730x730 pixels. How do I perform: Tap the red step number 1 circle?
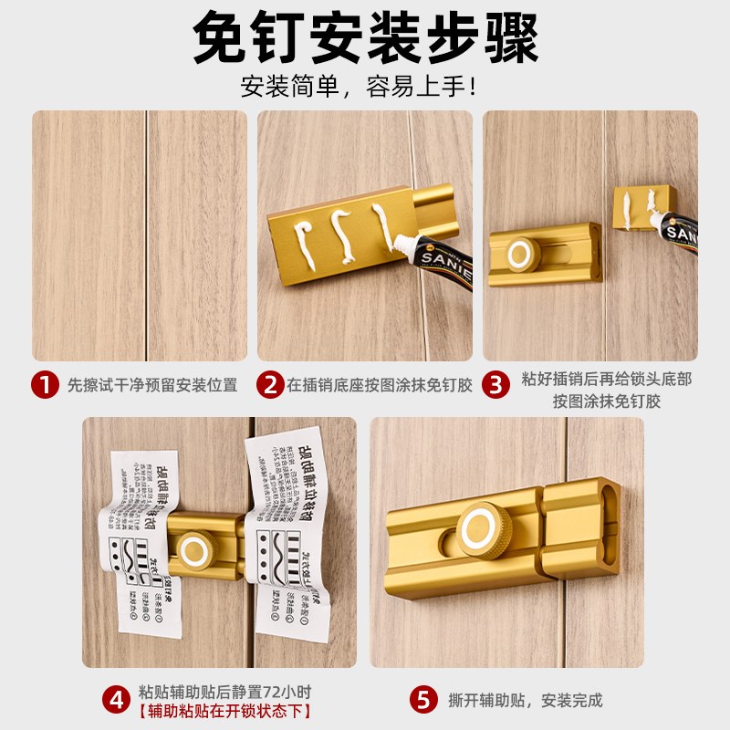(45, 384)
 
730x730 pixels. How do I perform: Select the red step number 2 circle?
(270, 384)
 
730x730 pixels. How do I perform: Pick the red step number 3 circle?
(495, 384)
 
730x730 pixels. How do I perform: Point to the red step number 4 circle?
(116, 701)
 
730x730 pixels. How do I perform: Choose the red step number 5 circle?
(422, 701)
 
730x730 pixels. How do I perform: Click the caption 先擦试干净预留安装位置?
(152, 385)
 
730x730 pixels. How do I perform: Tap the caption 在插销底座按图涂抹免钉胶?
(380, 385)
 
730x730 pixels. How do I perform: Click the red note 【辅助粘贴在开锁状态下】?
(225, 712)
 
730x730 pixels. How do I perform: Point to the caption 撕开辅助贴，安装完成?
(526, 701)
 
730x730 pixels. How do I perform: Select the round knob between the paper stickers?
(194, 549)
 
